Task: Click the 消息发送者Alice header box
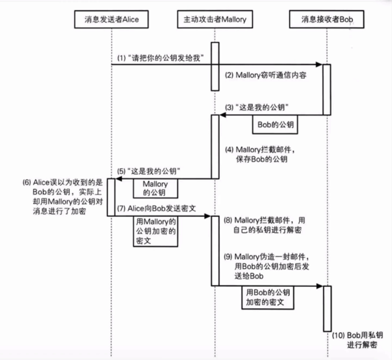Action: (x=111, y=19)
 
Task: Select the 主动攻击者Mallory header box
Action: (x=215, y=19)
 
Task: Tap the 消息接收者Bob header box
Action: (x=326, y=19)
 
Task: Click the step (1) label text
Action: (x=160, y=59)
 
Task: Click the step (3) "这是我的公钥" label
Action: (x=258, y=107)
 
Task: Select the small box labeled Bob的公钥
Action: (x=275, y=124)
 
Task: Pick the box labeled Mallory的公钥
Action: (x=155, y=188)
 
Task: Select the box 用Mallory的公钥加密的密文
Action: (x=155, y=231)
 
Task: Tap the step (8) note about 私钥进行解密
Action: (x=265, y=225)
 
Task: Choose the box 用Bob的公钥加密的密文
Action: (x=268, y=297)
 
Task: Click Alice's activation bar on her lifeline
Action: (x=111, y=197)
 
